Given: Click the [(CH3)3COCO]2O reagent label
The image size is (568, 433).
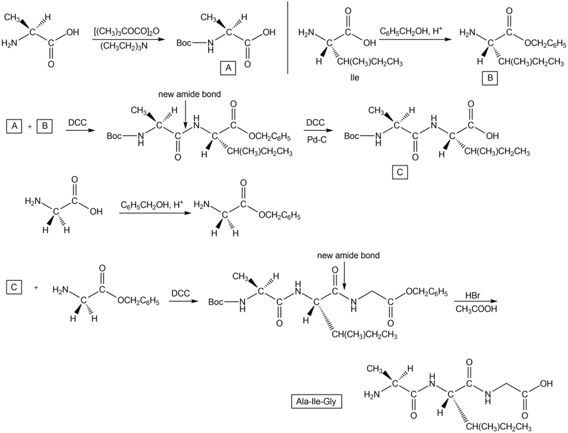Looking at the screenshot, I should (125, 31).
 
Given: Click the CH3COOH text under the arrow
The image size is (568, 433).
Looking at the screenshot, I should (475, 310).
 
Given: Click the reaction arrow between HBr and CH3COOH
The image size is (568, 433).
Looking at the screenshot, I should (476, 303).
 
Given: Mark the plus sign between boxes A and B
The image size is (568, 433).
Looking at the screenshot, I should (30, 127).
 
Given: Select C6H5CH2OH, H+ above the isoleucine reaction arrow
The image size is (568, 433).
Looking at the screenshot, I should (409, 30).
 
